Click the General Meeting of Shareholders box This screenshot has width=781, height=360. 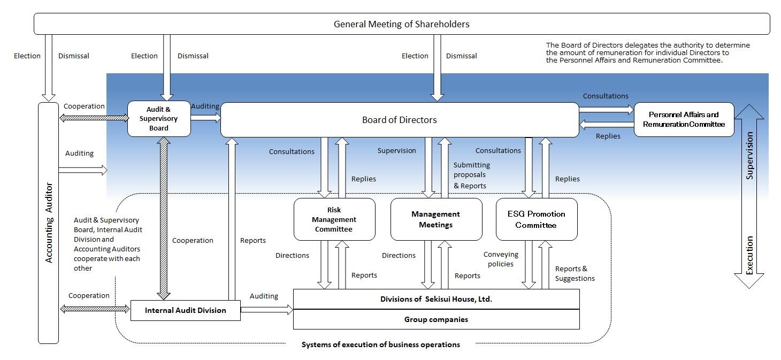tap(401, 24)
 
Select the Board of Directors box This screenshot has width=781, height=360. tap(399, 120)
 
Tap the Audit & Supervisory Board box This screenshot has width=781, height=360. tap(159, 119)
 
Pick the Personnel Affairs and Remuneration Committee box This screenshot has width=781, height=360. tap(684, 119)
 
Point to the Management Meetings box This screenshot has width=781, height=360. tap(435, 219)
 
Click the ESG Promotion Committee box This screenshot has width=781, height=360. tap(536, 219)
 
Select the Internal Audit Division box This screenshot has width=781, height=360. tap(185, 310)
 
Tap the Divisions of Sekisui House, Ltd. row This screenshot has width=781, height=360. tap(436, 299)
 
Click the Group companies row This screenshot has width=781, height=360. tap(436, 319)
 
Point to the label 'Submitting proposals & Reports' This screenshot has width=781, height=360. tap(471, 175)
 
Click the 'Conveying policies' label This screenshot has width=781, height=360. tap(501, 259)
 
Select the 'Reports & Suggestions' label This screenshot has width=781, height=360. tap(575, 273)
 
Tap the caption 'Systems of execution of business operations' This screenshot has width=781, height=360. tap(380, 344)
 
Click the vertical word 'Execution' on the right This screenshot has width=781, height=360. tap(750, 255)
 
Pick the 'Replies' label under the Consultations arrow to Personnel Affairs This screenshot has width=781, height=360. tap(608, 136)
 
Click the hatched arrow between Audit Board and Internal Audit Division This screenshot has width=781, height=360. tap(163, 218)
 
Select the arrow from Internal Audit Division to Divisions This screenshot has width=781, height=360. tap(266, 309)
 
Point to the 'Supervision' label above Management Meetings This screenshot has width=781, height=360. tap(396, 151)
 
